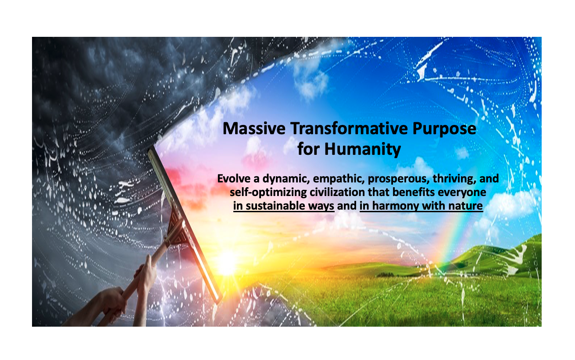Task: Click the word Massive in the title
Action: click(254, 128)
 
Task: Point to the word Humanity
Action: click(362, 150)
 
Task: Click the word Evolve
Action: click(234, 178)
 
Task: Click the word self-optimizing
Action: click(268, 192)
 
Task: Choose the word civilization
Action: click(337, 192)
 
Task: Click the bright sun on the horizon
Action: click(227, 263)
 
